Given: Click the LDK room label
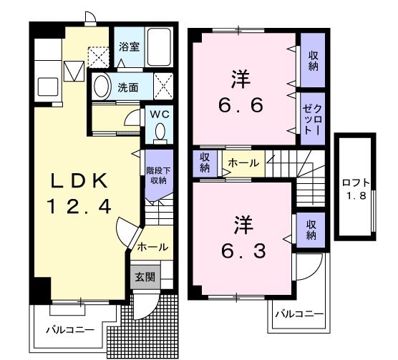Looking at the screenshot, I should coord(79,179).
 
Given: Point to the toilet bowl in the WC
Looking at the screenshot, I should coord(160,131).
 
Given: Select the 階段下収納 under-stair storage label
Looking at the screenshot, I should coord(157,175).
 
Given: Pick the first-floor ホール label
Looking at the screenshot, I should coord(152,247).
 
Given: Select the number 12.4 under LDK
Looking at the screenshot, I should coord(79,208).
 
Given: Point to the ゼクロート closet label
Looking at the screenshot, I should coord(313,119).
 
